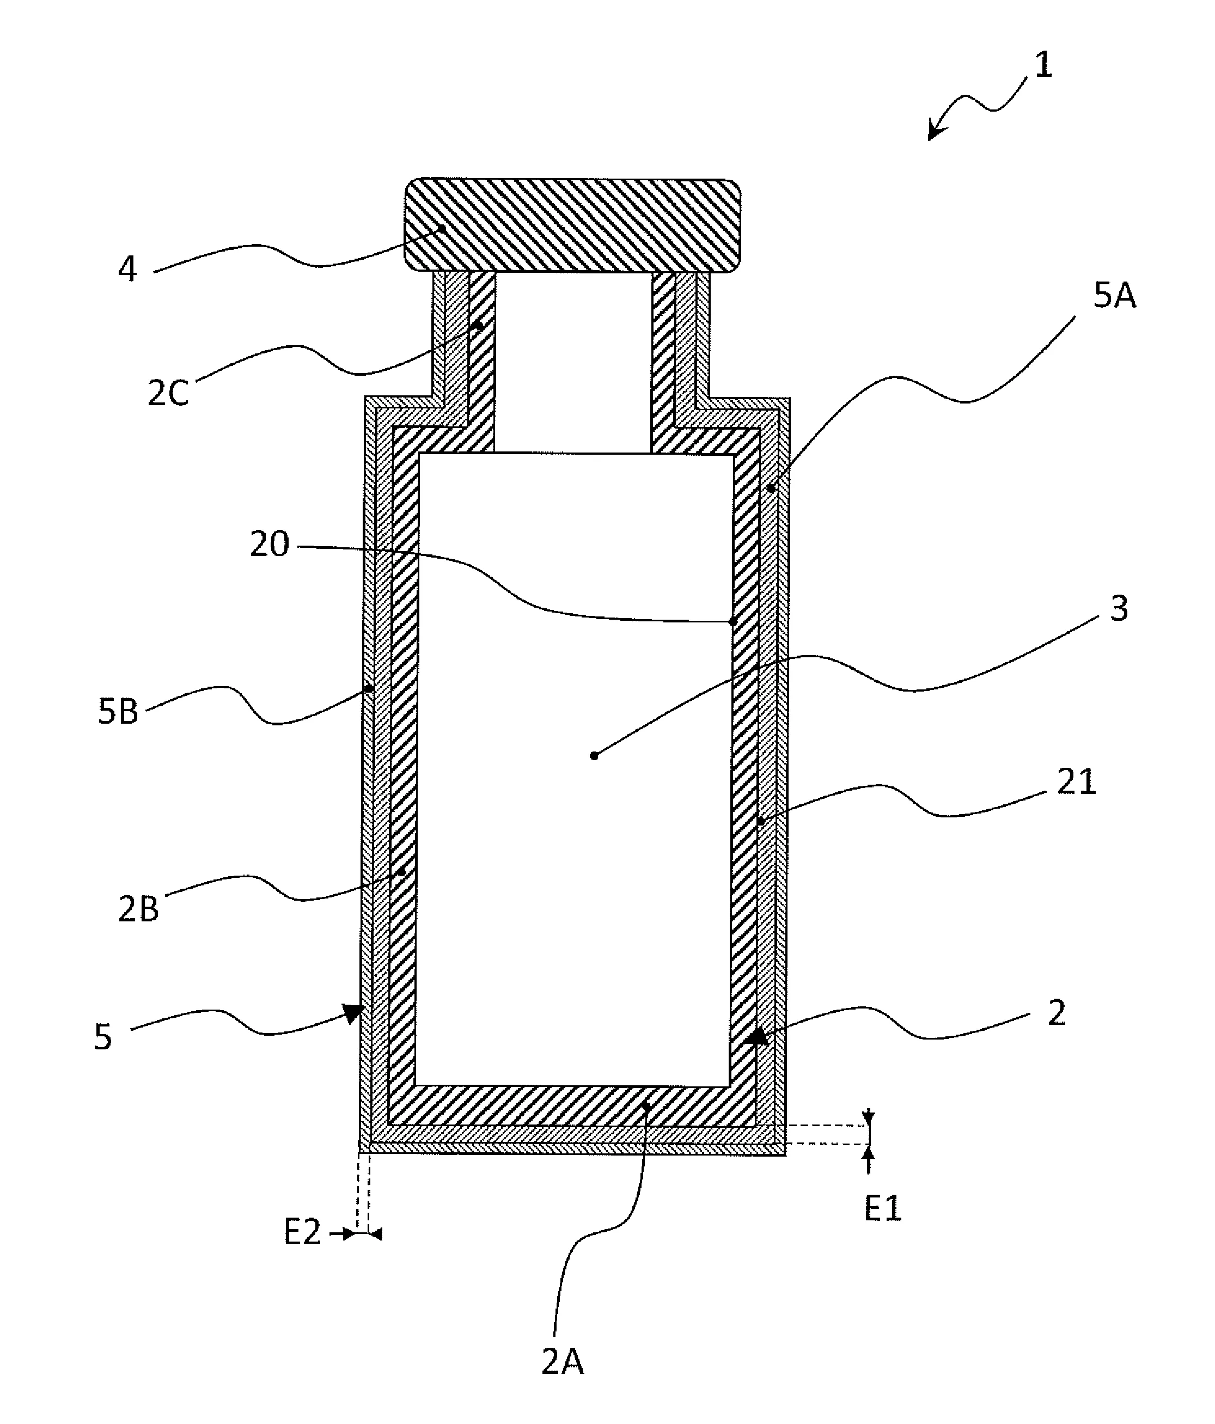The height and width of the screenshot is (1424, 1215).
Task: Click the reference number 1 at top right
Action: (1042, 66)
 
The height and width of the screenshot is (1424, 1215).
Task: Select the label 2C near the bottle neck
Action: (168, 393)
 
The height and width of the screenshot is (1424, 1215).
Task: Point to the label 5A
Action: (1114, 297)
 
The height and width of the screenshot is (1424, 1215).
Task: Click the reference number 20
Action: (268, 545)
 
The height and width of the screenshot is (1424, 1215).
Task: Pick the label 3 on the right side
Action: (1119, 609)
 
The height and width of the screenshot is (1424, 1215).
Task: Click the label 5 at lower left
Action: (102, 1037)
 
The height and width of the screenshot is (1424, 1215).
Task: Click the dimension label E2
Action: (302, 1232)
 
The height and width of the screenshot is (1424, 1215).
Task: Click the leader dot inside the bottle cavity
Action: (594, 756)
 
